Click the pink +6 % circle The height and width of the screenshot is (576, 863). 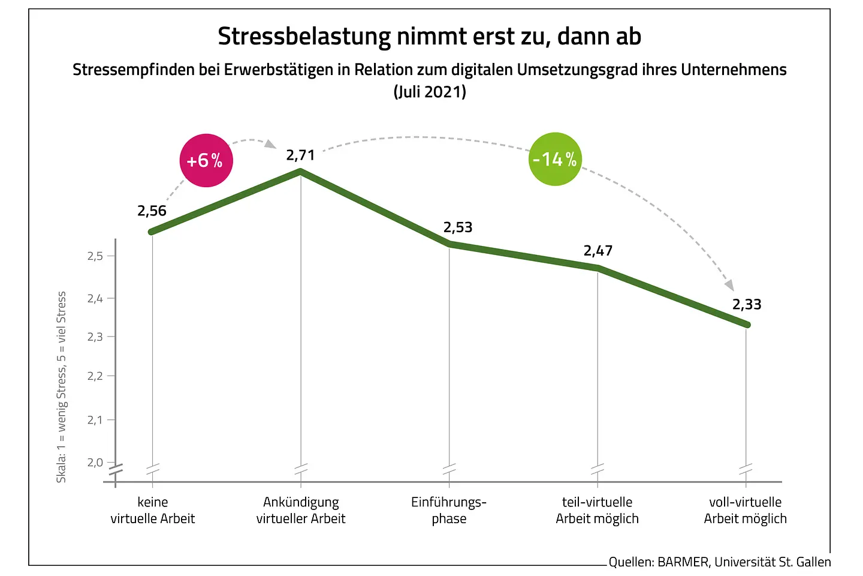pyautogui.click(x=206, y=160)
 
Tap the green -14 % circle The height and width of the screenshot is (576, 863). pyautogui.click(x=555, y=159)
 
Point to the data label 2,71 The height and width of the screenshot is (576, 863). pyautogui.click(x=300, y=155)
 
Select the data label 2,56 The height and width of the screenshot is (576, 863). pyautogui.click(x=152, y=211)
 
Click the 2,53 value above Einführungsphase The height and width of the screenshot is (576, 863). pyautogui.click(x=458, y=227)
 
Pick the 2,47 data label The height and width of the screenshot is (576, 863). pyautogui.click(x=598, y=251)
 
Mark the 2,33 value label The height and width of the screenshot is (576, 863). pyautogui.click(x=747, y=304)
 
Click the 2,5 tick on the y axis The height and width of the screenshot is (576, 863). pyautogui.click(x=95, y=256)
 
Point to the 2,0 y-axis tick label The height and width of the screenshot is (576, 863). pyautogui.click(x=95, y=462)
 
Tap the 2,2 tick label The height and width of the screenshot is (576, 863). pyautogui.click(x=95, y=376)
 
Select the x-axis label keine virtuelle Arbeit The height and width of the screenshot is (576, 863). pyautogui.click(x=153, y=510)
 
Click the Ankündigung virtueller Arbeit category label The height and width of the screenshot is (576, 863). pyautogui.click(x=301, y=510)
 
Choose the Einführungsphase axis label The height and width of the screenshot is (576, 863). pyautogui.click(x=449, y=510)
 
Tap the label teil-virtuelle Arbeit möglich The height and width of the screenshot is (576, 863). pyautogui.click(x=597, y=510)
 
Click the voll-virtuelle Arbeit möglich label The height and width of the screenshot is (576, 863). pyautogui.click(x=745, y=510)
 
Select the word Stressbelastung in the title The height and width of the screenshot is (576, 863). pyautogui.click(x=304, y=37)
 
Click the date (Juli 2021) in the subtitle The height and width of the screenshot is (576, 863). pyautogui.click(x=430, y=92)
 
